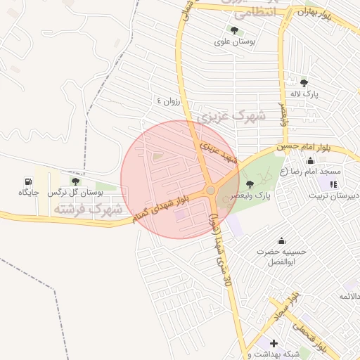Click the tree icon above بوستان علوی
coord(233,30)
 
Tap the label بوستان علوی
coord(234,42)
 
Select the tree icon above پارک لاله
coord(304,82)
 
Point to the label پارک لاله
coord(306,94)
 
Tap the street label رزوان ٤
coord(169,101)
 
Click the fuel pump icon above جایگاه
coord(28,181)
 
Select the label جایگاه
coord(28,193)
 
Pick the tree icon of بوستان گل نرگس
coord(75,181)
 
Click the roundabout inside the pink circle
coord(210,191)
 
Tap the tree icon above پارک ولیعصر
coord(250,184)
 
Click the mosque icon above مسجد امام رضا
coord(310,160)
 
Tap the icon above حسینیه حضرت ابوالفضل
coord(282,240)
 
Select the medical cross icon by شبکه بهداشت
coord(274,343)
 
